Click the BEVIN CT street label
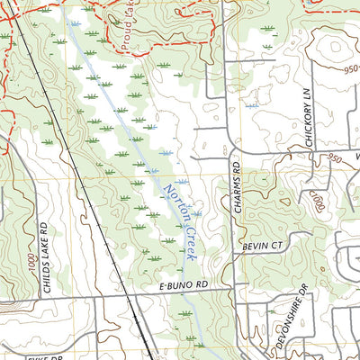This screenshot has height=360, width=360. click(x=262, y=246)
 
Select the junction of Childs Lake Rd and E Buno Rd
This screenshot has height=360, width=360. click(x=36, y=299)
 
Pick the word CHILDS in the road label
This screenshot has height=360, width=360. click(x=42, y=256)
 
